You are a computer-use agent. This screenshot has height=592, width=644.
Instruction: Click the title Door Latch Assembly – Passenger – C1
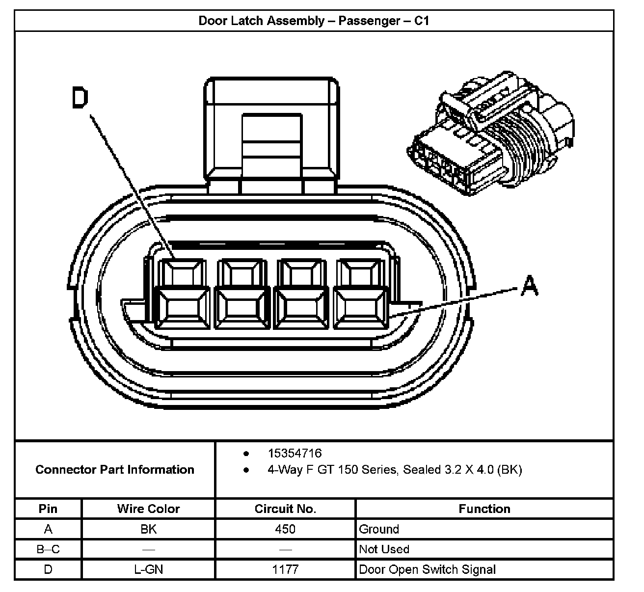click(x=314, y=21)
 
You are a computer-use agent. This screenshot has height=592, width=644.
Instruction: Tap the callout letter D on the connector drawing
click(x=80, y=98)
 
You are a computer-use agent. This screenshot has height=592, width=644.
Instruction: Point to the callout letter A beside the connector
click(x=529, y=286)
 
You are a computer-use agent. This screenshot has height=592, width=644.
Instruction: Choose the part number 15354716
click(x=295, y=453)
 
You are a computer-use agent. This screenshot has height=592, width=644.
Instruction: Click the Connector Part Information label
click(x=115, y=470)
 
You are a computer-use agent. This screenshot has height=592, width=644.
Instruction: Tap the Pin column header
click(x=48, y=509)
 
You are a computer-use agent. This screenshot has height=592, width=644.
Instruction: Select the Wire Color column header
click(x=148, y=509)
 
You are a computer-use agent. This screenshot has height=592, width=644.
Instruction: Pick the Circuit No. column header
click(x=285, y=509)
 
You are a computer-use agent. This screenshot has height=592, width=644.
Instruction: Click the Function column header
click(x=484, y=509)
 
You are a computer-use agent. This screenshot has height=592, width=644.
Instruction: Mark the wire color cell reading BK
click(x=148, y=529)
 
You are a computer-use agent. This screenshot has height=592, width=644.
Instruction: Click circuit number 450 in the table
click(x=285, y=529)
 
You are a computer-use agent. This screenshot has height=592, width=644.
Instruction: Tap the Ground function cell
click(x=379, y=529)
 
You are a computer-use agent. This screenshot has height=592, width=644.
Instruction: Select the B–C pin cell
click(x=48, y=549)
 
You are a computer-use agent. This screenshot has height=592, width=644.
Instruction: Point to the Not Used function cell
click(x=384, y=549)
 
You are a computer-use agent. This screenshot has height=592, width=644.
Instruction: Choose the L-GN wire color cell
click(x=148, y=569)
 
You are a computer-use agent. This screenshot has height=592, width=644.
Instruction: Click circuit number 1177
click(x=285, y=569)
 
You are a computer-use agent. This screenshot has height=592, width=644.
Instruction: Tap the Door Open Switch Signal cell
click(x=427, y=569)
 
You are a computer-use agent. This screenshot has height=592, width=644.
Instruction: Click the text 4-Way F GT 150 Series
click(x=333, y=470)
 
